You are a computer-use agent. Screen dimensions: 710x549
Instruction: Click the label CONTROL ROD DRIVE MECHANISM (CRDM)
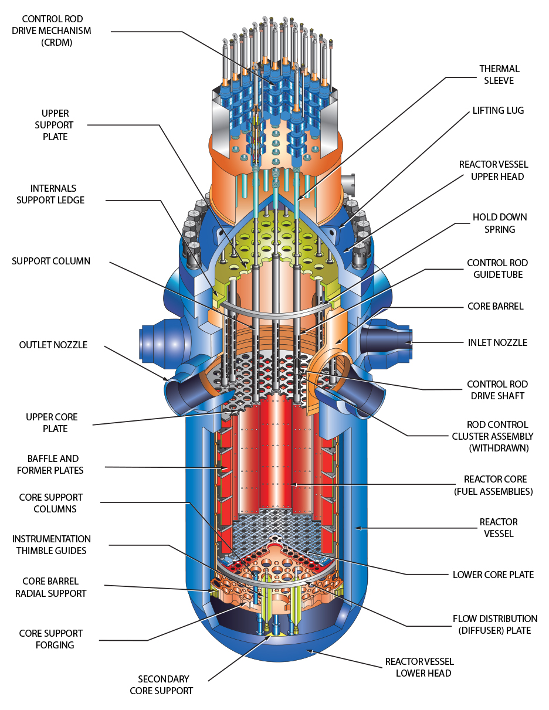click(51, 30)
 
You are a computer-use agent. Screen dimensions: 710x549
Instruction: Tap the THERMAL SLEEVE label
click(499, 74)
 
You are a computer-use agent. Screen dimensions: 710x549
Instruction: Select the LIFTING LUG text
click(498, 110)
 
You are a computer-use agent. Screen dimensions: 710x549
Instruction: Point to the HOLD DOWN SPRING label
click(500, 223)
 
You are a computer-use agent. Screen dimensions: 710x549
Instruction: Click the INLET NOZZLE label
click(497, 342)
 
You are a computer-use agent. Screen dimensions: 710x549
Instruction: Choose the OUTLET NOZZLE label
click(53, 345)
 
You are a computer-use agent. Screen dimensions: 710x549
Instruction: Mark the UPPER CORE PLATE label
click(51, 423)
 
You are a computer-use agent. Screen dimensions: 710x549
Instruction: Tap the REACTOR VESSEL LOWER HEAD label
click(419, 667)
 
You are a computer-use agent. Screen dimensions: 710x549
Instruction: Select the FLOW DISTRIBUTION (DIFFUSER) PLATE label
click(495, 624)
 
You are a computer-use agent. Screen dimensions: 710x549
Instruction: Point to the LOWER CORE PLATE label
click(493, 575)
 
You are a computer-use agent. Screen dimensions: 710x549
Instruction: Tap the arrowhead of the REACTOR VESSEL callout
click(357, 528)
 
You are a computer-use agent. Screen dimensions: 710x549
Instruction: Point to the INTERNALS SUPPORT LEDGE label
click(50, 194)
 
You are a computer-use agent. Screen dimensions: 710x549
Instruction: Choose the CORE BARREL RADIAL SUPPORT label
click(54, 587)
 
